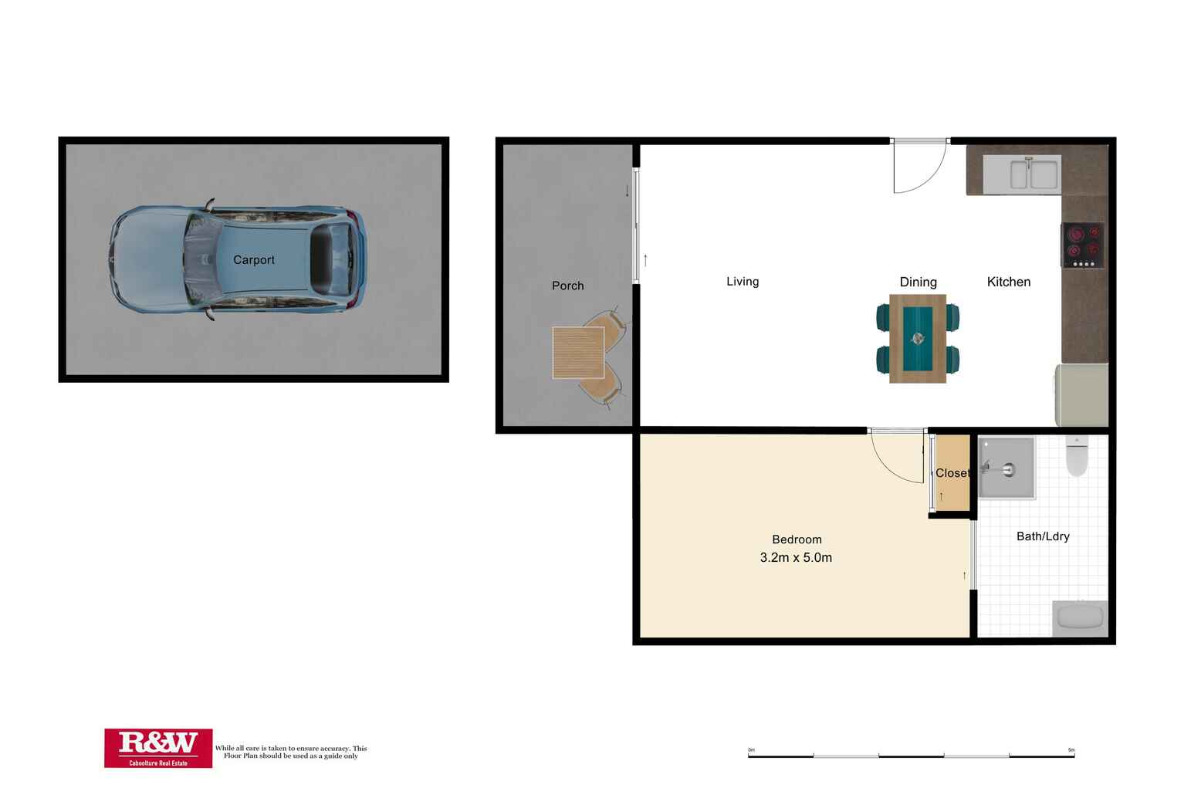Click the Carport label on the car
254,260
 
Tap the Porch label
567,286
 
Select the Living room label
743,282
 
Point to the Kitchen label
1008,282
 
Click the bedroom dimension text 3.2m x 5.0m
796,557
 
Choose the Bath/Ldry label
1043,536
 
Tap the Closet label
952,473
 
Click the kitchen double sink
1022,173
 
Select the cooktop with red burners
1082,244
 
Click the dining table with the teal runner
918,338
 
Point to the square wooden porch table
578,353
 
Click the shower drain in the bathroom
1008,469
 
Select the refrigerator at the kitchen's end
1081,394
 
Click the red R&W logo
158,748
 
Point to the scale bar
911,756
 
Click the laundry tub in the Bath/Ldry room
1080,617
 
